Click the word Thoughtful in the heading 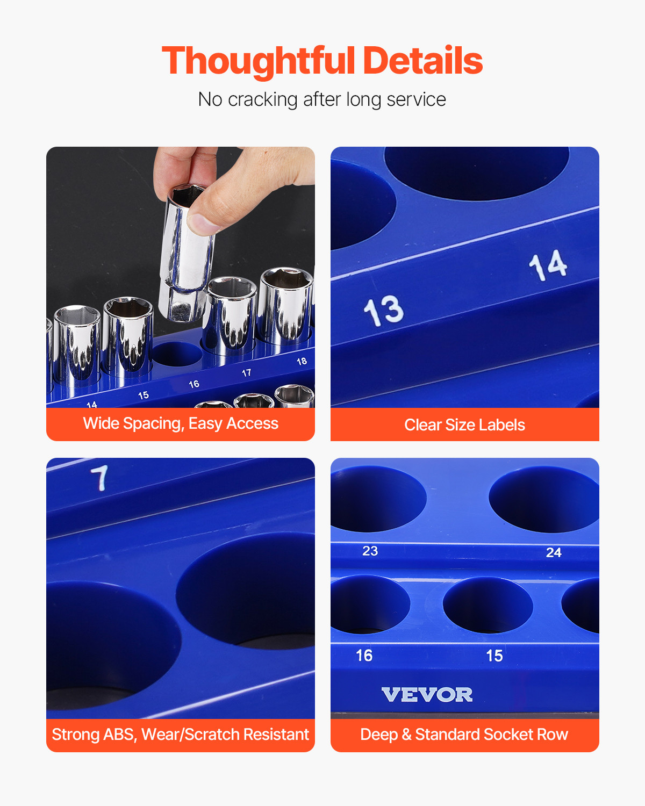pyautogui.click(x=258, y=61)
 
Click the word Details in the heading pyautogui.click(x=423, y=61)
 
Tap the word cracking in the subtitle pyautogui.click(x=262, y=100)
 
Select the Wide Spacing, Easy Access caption pyautogui.click(x=181, y=424)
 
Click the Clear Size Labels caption pyautogui.click(x=464, y=425)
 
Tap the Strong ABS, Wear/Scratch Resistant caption pyautogui.click(x=181, y=735)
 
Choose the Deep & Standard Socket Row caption pyautogui.click(x=464, y=735)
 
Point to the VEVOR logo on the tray pyautogui.click(x=427, y=695)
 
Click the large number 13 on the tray pyautogui.click(x=383, y=311)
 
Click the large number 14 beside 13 pyautogui.click(x=548, y=265)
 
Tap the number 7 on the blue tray pyautogui.click(x=99, y=478)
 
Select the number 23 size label pyautogui.click(x=370, y=551)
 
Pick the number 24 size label pyautogui.click(x=554, y=553)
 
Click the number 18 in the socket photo pyautogui.click(x=302, y=362)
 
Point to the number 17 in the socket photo pyautogui.click(x=246, y=373)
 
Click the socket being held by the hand pyautogui.click(x=185, y=253)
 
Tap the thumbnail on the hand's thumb pyautogui.click(x=200, y=222)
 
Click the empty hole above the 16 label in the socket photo pyautogui.click(x=177, y=354)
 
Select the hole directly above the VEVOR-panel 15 pyautogui.click(x=488, y=604)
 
